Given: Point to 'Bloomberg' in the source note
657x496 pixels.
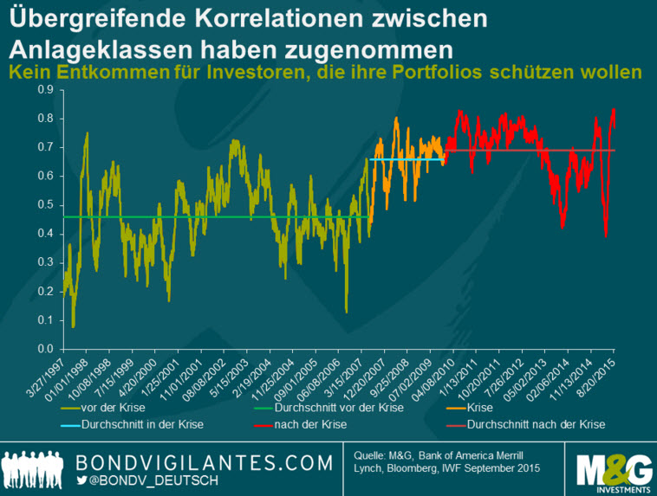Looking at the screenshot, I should click(x=479, y=468).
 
